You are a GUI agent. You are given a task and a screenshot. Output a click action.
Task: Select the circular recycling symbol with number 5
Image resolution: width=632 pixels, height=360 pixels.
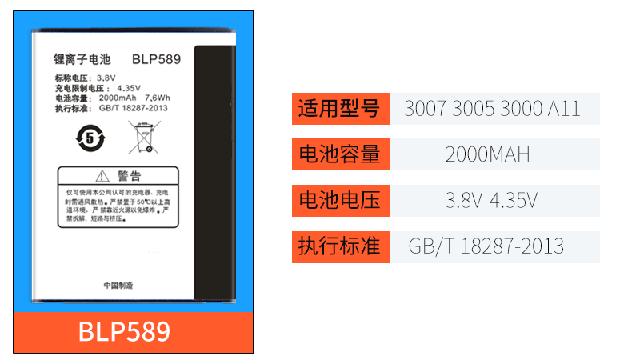86,137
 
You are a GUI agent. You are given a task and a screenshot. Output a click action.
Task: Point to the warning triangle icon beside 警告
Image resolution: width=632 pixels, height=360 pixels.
102,176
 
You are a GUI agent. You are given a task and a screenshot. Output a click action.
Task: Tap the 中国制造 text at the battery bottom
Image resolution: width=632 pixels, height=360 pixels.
118,286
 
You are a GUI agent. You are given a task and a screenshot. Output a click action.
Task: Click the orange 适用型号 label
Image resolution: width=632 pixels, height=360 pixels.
340,108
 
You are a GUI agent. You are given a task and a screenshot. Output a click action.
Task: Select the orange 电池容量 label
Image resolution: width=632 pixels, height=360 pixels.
340,154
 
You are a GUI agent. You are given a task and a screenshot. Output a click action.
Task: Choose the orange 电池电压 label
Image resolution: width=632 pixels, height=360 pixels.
340,200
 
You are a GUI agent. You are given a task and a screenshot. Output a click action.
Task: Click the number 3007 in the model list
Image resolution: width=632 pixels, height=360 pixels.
424,109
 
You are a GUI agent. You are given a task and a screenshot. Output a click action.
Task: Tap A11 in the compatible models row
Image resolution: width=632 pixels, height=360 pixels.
564,109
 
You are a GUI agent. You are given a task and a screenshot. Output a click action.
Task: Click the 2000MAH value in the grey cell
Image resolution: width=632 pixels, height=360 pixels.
487,154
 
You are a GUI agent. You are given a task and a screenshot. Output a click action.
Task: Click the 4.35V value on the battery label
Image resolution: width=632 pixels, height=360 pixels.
129,88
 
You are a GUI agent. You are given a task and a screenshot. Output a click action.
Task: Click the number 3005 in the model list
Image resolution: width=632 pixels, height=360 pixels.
472,109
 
